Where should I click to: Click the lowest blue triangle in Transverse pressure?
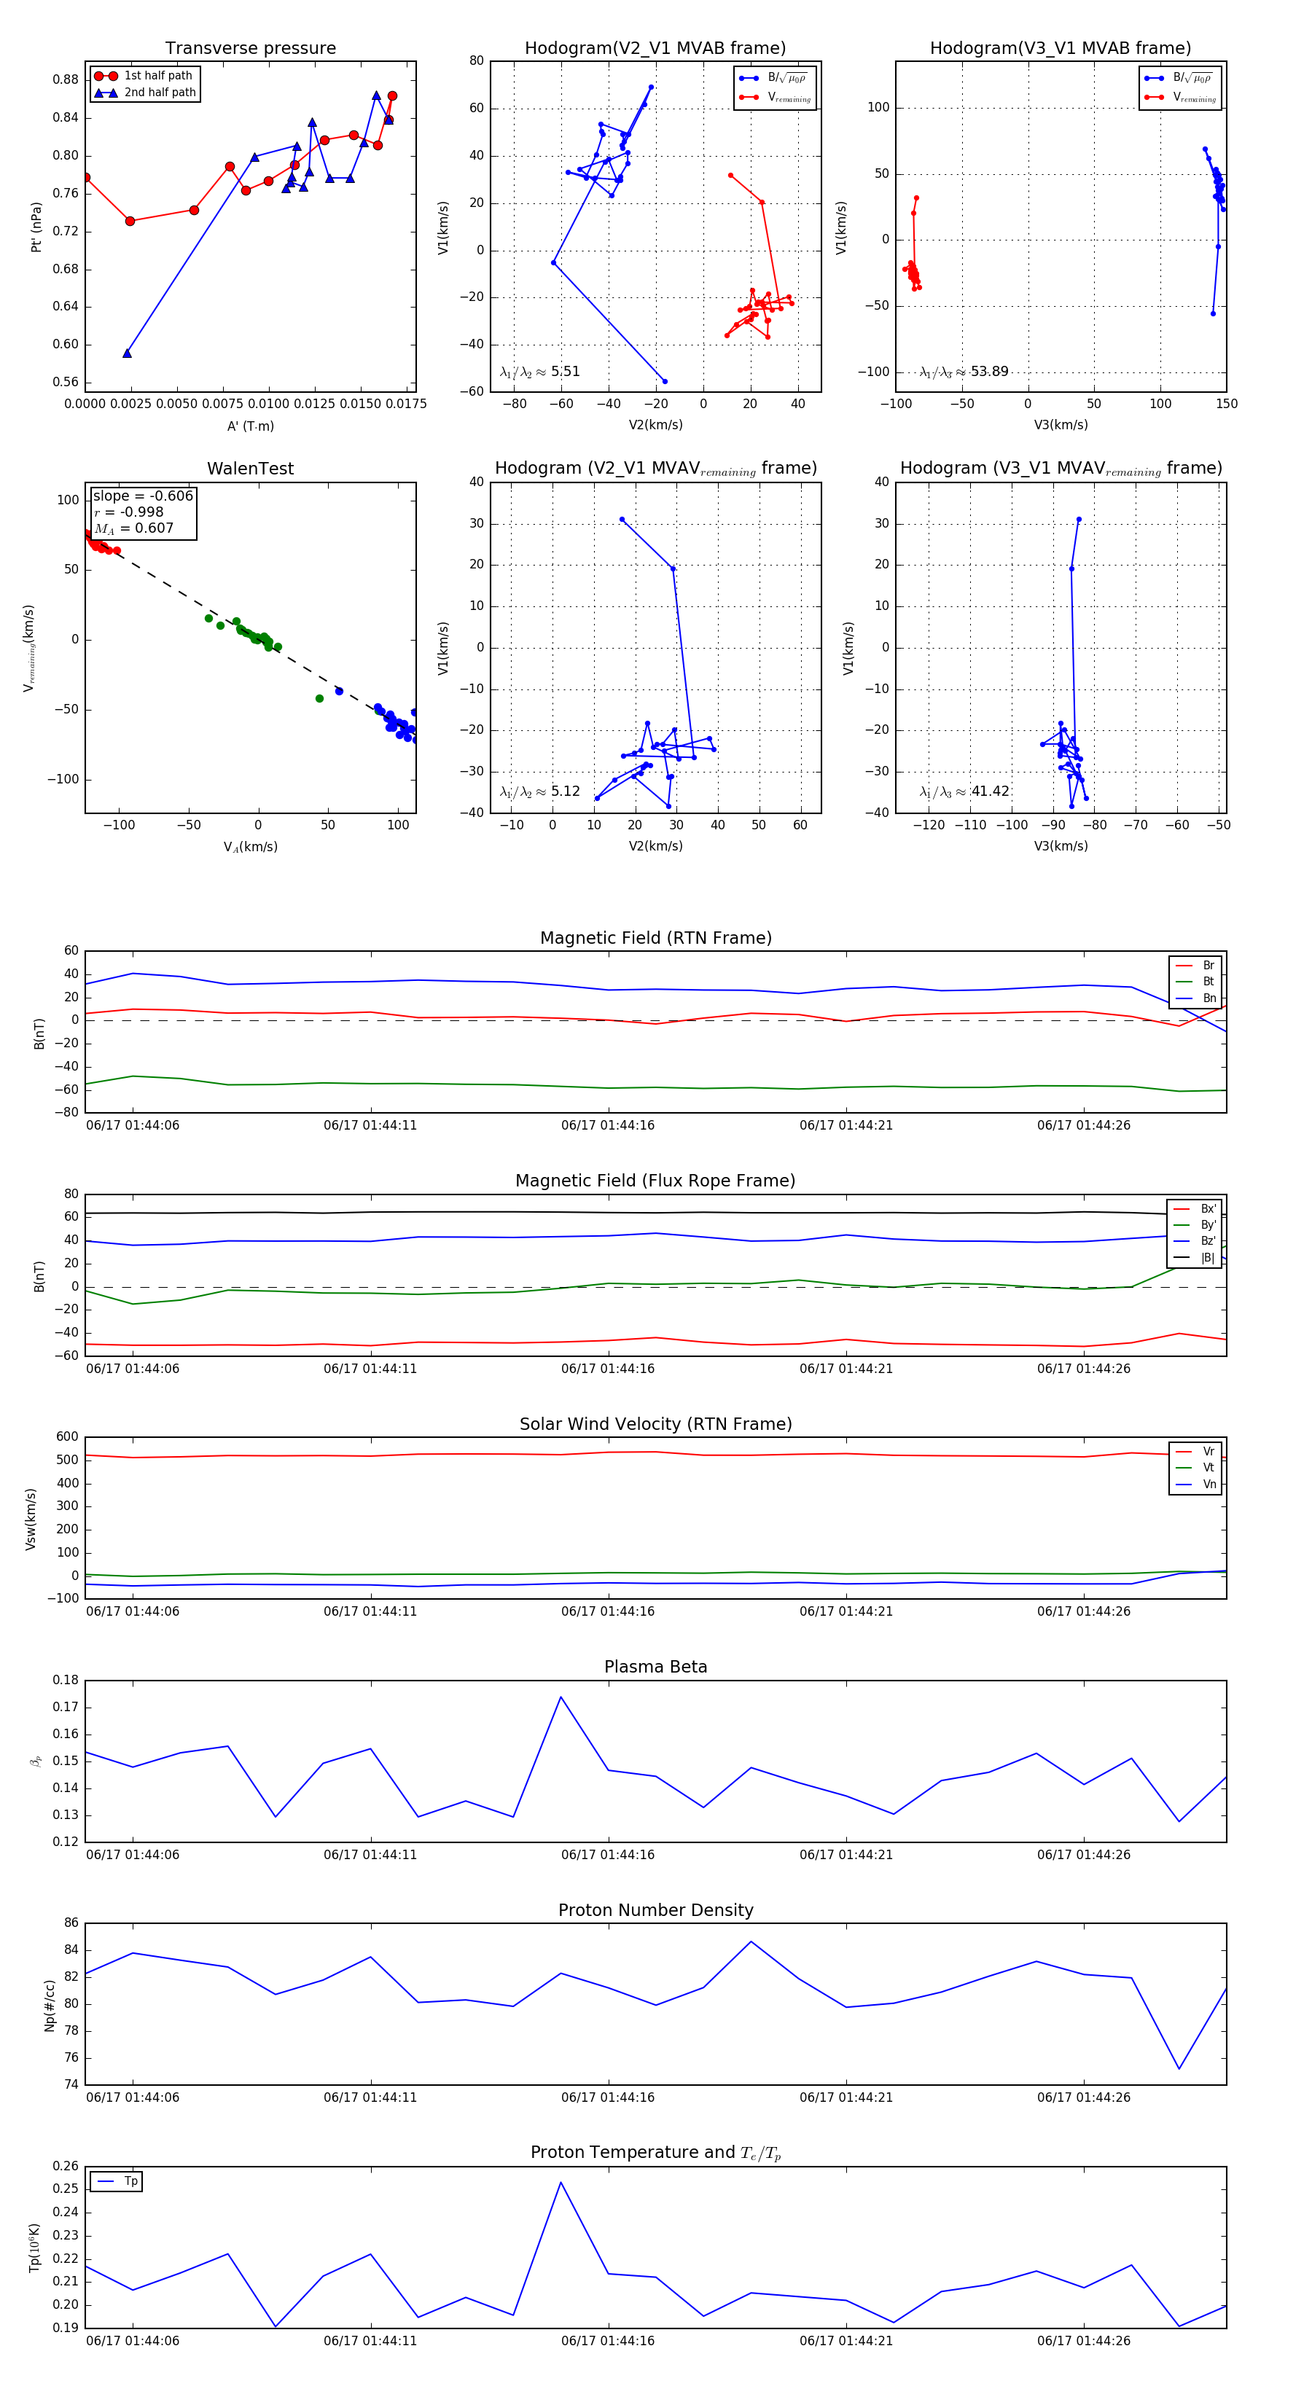tap(127, 353)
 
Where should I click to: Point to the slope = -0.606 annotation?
tap(143, 496)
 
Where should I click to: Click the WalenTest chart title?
tap(250, 469)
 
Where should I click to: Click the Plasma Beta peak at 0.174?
tap(561, 1697)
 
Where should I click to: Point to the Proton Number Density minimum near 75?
tap(1179, 2068)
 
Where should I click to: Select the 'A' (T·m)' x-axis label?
tap(250, 426)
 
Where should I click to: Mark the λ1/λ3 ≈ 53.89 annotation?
tap(964, 372)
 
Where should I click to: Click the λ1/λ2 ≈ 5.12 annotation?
tap(539, 791)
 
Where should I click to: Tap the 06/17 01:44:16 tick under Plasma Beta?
tap(608, 1854)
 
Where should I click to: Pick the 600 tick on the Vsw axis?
tap(67, 1437)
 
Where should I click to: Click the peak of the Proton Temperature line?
tap(561, 2182)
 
